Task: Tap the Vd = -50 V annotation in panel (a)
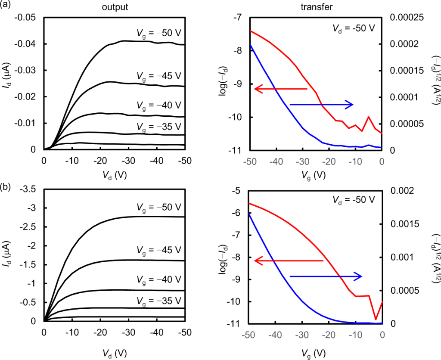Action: coord(354,28)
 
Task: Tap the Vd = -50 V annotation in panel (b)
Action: coord(354,200)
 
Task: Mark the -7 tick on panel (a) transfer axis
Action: coord(239,17)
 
